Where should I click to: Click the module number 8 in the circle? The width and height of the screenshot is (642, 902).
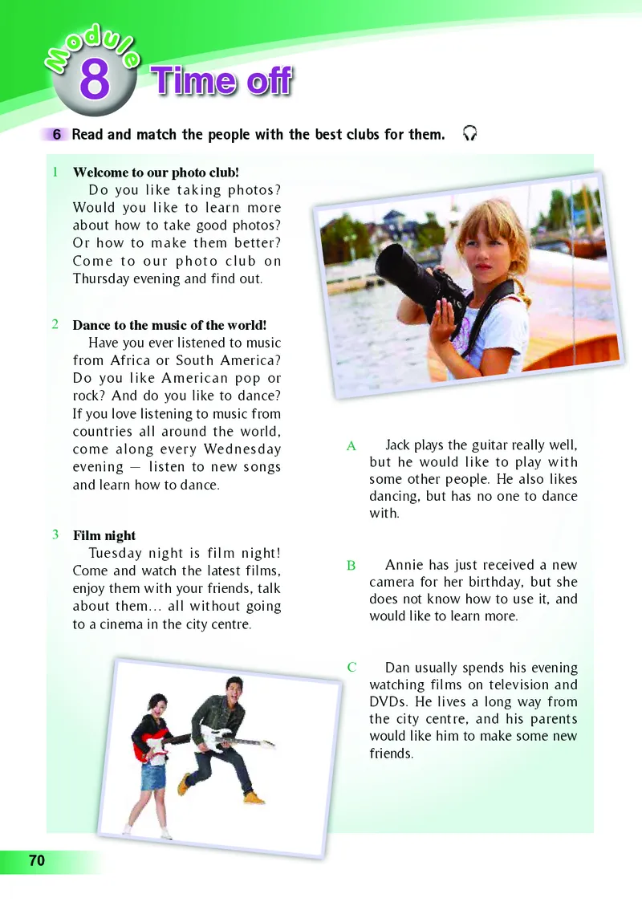94,80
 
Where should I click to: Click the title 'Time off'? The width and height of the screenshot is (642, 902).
222,81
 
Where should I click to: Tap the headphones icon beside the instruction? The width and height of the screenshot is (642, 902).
470,133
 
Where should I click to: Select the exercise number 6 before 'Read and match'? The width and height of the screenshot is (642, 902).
57,135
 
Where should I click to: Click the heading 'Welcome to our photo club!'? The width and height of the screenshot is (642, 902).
156,173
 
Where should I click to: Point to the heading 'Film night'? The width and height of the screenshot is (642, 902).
104,535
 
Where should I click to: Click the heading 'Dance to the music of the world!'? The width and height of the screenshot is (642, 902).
169,325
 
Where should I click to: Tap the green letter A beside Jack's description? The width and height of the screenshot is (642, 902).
351,446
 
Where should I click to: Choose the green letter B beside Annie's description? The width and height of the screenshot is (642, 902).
351,566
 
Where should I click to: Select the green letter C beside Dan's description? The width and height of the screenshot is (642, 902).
351,668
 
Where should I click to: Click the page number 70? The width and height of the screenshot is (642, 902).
37,861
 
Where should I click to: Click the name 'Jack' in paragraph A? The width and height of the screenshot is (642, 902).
400,445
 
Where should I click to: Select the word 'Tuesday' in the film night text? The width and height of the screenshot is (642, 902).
117,554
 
